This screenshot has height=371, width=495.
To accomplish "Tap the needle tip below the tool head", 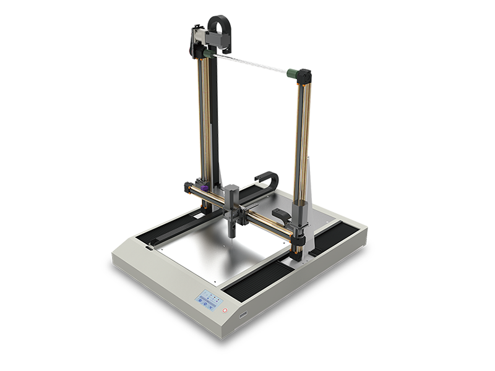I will pyautogui.click(x=232, y=237).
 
